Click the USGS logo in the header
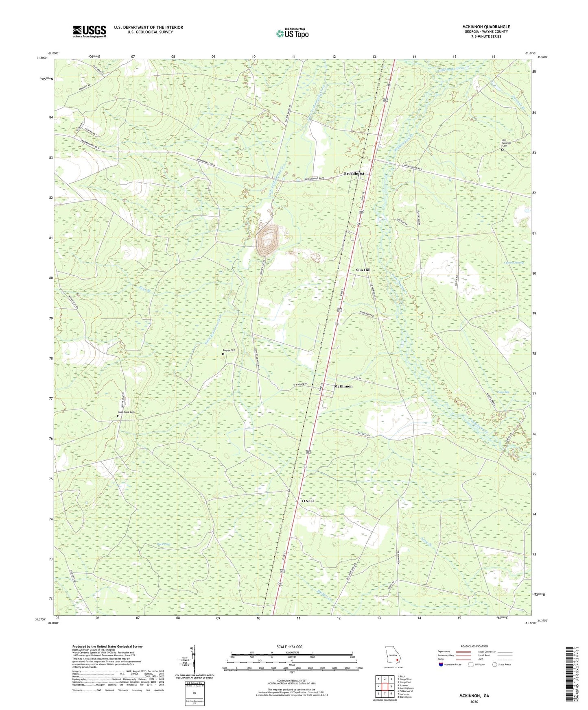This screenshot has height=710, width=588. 89,31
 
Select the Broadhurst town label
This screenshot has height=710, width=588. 354,174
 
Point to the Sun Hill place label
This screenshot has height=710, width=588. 363,270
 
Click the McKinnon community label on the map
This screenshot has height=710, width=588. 343,386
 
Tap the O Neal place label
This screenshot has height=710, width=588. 308,501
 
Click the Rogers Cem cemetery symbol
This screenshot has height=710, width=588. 223,354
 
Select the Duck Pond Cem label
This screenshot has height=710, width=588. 126,412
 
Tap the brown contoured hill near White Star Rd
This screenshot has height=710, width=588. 267,240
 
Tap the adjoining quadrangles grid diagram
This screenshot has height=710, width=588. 385,687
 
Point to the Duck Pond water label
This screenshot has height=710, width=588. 164,544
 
